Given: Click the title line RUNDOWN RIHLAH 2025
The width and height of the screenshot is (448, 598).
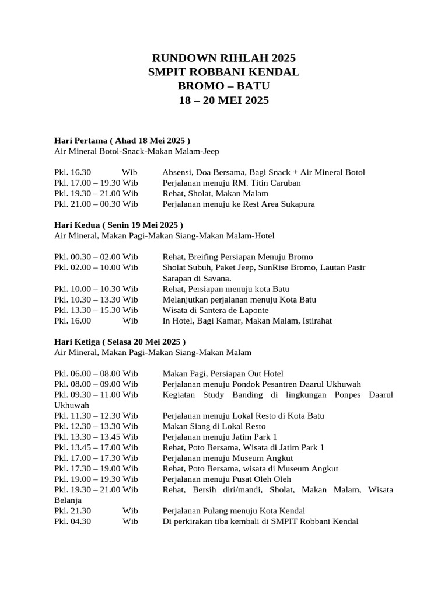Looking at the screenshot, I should pos(224,58).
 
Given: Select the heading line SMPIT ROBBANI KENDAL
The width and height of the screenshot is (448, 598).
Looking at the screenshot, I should pos(224,72).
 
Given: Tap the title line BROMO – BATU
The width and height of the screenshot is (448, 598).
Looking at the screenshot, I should pos(224,86).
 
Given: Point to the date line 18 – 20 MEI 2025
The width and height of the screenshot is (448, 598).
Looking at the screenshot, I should pos(224,100).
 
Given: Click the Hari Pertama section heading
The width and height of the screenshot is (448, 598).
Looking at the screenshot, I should pos(123,141).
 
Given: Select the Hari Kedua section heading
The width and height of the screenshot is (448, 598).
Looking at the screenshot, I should pos(118,225).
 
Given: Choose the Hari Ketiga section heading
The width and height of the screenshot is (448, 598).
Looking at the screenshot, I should pos(120,341).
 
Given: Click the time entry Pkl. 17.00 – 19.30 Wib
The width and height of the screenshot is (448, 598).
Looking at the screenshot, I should pos(96,183).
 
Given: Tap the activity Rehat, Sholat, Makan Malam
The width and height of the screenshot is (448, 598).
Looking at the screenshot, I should pos(215,193).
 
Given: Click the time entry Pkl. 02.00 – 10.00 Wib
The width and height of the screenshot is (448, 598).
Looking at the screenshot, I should pos(96,267).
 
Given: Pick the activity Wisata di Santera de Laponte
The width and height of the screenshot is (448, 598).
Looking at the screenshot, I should pos(215,310).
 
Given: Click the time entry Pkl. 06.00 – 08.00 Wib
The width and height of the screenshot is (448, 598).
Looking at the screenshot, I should pos(96,373).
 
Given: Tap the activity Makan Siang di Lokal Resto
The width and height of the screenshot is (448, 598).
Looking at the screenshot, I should pos(214,426).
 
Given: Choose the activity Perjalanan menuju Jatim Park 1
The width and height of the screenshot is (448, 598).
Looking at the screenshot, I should pos(220,437).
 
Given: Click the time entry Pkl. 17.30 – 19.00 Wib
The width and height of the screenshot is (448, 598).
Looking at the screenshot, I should pos(96,468).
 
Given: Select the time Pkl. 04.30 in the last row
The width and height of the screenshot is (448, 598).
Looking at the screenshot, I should pos(73,521).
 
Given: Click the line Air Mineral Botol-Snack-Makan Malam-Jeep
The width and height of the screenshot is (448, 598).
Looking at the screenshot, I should pos(136,151).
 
